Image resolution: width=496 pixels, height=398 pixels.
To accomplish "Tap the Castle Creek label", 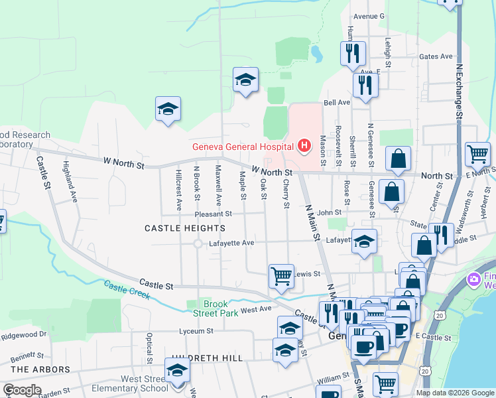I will pyautogui.click(x=127, y=289).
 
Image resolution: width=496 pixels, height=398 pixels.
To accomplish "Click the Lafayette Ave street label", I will pyautogui.click(x=232, y=243).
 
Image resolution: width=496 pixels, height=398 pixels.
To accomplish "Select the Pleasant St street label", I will pyautogui.click(x=213, y=214).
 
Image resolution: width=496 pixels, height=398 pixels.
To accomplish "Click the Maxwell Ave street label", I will pyautogui.click(x=218, y=185).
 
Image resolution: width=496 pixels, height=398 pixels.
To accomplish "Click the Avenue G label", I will pyautogui.click(x=369, y=16).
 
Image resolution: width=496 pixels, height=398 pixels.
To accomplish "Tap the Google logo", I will pyautogui.click(x=22, y=390).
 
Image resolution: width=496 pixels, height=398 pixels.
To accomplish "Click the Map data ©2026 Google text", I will pyautogui.click(x=455, y=393).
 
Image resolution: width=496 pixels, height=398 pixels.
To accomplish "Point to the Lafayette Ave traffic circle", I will pyautogui.click(x=198, y=243).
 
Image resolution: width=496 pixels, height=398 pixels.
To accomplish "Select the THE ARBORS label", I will pyautogui.click(x=40, y=369).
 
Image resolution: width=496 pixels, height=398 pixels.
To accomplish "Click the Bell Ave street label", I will pyautogui.click(x=336, y=103).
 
